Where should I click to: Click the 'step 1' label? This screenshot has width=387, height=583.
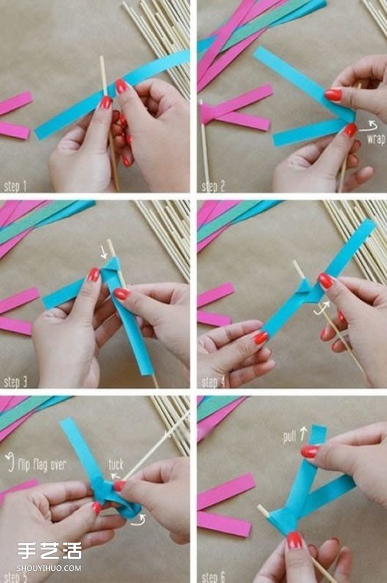click(15, 186)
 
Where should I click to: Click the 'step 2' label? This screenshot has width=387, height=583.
click(214, 186)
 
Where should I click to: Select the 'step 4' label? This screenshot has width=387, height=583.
click(215, 380)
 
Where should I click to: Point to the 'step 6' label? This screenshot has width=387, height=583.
click(215, 575)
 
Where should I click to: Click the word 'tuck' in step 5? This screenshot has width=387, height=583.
click(115, 464)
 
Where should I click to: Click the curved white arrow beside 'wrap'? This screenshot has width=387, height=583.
click(372, 125)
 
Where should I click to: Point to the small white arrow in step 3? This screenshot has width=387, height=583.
click(105, 252)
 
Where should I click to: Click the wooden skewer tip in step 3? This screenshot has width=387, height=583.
click(109, 243)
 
